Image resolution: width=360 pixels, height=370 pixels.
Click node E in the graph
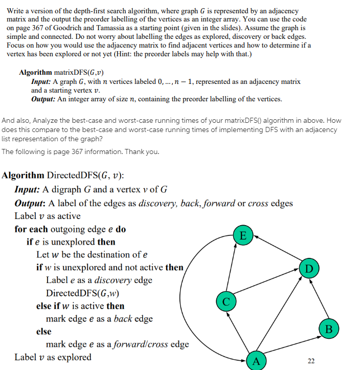243,235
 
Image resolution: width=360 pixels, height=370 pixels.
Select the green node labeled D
308,268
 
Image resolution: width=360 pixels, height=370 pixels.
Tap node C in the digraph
226,299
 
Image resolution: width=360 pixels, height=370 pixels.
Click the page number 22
311,361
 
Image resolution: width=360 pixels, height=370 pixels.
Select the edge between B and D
319,299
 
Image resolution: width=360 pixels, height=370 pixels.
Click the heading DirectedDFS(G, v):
85,176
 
